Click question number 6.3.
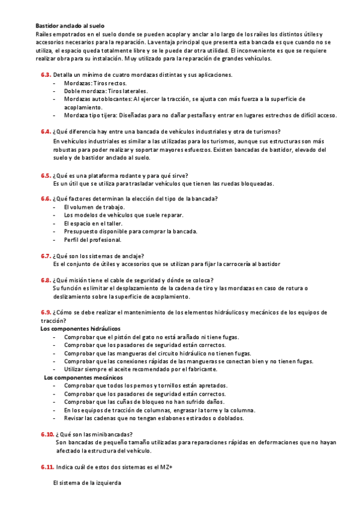point(46,75)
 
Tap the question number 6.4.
point(46,131)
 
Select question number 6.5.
point(46,176)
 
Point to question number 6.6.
point(46,199)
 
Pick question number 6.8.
point(46,280)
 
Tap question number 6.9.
point(46,312)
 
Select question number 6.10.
point(47,434)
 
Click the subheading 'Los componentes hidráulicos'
point(80,328)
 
